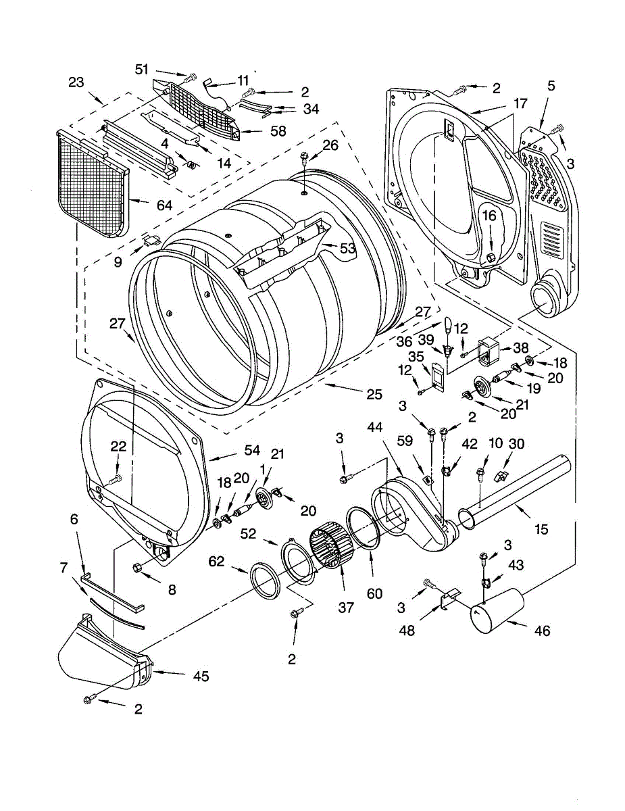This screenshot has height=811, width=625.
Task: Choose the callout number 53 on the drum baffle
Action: tap(347, 248)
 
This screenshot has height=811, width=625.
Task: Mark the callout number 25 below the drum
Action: tap(374, 393)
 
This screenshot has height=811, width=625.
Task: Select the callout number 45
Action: tap(201, 676)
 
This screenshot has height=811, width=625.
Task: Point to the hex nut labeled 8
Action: tap(139, 566)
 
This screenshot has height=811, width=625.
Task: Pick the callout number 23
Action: tap(76, 82)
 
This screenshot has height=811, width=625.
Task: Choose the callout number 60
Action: tap(374, 593)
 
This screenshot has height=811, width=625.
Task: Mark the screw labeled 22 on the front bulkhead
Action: tap(115, 479)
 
